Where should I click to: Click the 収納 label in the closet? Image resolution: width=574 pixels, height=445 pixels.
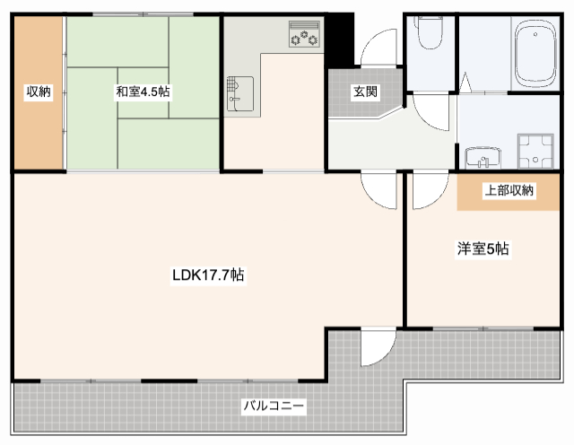tap(37, 92)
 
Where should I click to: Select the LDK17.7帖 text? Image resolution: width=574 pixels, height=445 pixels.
tap(209, 276)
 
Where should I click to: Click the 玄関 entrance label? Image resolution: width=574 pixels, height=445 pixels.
tap(364, 92)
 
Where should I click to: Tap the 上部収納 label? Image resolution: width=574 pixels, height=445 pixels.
tap(509, 190)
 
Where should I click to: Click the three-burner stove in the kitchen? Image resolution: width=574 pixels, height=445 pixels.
tap(303, 37)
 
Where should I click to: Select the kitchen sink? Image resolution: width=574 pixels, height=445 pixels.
tap(239, 92)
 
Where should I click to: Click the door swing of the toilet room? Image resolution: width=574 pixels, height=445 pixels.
tap(429, 111)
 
